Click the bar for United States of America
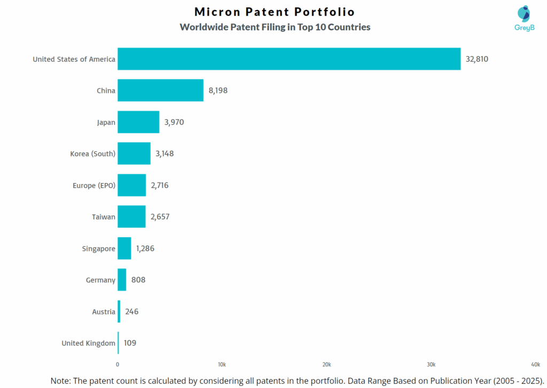[x=289, y=59]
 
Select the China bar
[x=160, y=90]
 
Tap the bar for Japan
[x=138, y=122]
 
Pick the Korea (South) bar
[x=134, y=153]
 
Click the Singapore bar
[x=124, y=248]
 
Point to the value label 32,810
[x=476, y=59]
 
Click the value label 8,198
[x=218, y=90]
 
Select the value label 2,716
[x=160, y=185]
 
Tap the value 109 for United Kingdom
[x=130, y=343]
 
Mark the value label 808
[x=138, y=280]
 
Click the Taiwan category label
[x=104, y=217]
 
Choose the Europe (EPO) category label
[x=94, y=185]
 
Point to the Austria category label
[x=104, y=312]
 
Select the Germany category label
[x=100, y=280]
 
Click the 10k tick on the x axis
[x=222, y=364]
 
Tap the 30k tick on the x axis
[x=431, y=364]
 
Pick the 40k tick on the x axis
[x=535, y=364]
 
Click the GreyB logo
[x=524, y=20]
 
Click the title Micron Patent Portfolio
[x=275, y=12]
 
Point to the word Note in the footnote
[x=62, y=381]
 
